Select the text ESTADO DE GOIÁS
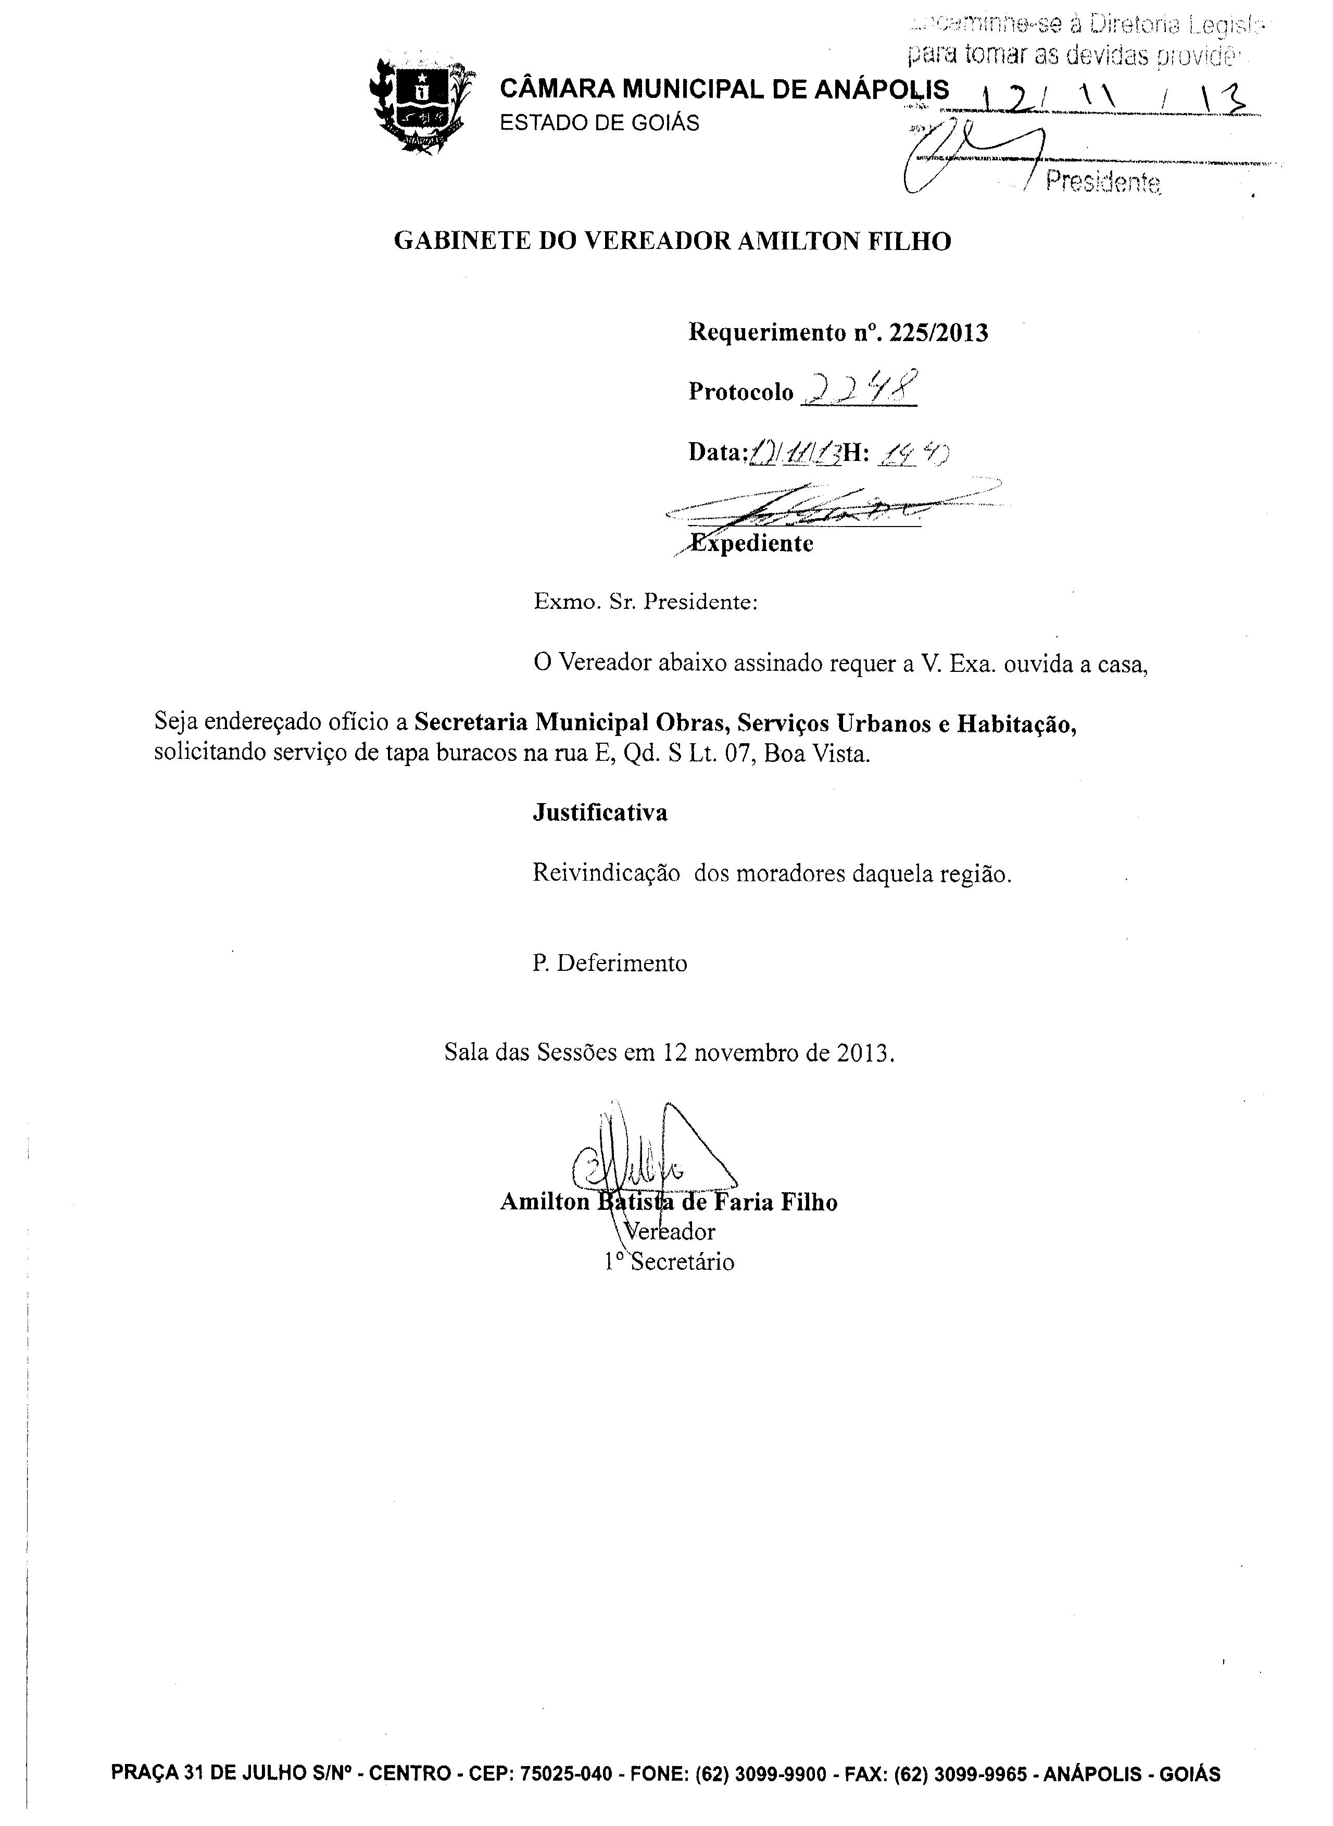(x=599, y=123)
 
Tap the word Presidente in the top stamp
(x=1103, y=182)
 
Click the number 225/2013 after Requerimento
(x=938, y=333)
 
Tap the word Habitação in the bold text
(x=1017, y=724)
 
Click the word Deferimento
(x=621, y=964)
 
